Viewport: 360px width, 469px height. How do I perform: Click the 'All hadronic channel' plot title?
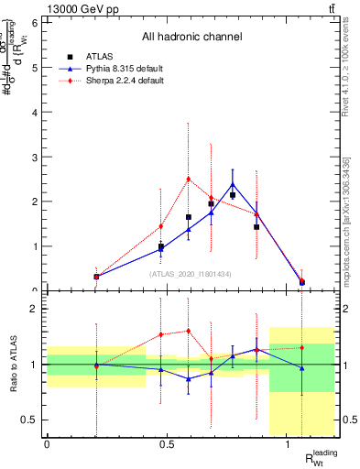[191, 37]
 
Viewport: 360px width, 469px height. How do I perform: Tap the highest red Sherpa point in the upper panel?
[188, 180]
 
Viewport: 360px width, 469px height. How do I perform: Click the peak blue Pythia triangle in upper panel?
[233, 184]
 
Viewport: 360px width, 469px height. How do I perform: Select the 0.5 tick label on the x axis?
[167, 442]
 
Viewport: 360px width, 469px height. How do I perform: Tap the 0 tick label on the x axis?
[47, 442]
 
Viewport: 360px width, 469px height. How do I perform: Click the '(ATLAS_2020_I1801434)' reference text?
[191, 274]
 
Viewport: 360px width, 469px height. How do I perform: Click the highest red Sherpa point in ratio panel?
[188, 331]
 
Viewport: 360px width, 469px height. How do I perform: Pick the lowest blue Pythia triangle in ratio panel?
[188, 378]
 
